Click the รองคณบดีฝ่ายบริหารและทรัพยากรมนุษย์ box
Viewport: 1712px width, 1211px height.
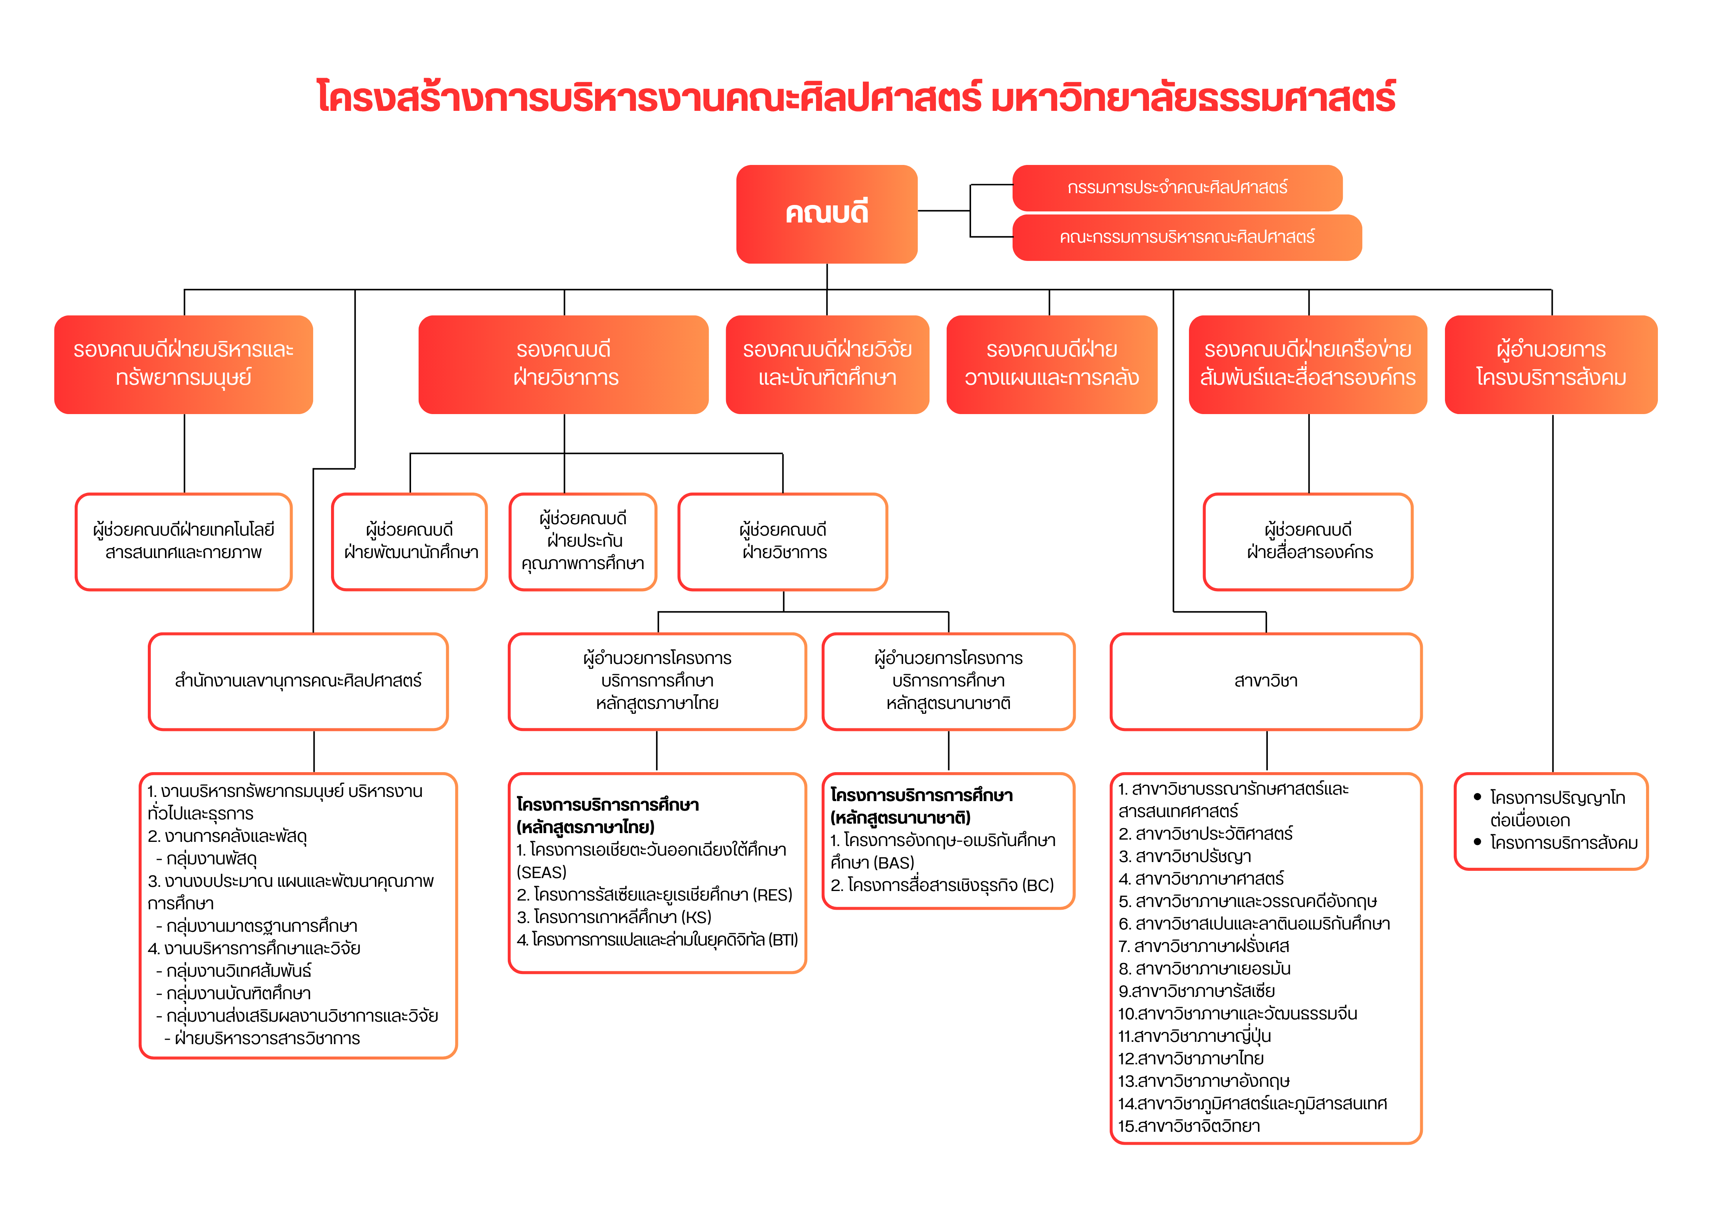tap(184, 364)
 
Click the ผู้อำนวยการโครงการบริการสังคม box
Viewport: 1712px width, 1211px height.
tap(1551, 364)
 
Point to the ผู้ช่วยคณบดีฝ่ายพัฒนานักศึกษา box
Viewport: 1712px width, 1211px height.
tap(410, 541)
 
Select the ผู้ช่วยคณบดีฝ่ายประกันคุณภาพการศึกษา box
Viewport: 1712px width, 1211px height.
tap(582, 541)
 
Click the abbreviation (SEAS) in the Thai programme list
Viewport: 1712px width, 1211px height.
tap(541, 872)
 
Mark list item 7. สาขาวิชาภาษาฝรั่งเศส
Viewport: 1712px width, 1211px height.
tap(1203, 946)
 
